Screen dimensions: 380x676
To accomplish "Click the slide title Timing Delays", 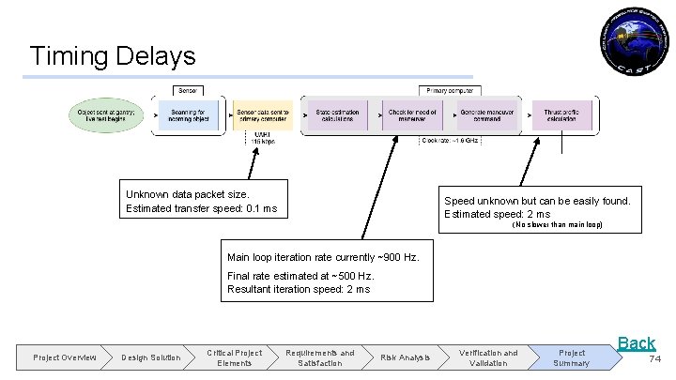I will tap(113, 55).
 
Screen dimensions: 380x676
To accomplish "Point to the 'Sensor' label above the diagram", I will tap(189, 90).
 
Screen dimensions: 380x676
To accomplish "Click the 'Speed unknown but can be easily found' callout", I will tap(538, 207).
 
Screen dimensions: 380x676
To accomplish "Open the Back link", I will tap(636, 343).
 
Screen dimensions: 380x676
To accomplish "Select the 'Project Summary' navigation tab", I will tap(571, 357).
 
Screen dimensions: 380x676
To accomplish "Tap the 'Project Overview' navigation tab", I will tap(64, 357).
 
